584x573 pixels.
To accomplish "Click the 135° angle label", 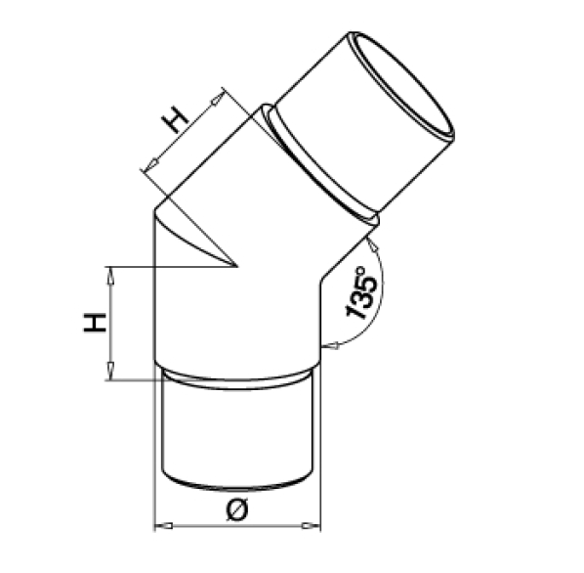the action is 361,292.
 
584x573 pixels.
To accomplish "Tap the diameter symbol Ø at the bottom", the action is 237,510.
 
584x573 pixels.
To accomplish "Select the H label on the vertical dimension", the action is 95,323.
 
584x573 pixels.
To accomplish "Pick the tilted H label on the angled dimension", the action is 175,119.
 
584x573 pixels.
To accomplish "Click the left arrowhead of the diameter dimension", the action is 164,526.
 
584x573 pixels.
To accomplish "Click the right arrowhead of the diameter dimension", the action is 311,526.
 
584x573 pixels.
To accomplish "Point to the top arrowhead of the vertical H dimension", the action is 110,276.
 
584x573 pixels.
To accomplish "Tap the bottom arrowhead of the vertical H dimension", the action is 110,371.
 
